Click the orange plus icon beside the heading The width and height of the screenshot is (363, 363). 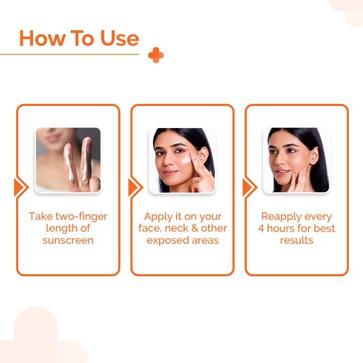pyautogui.click(x=156, y=55)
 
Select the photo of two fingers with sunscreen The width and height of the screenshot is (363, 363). pyautogui.click(x=68, y=160)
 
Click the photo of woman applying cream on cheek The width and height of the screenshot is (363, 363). pyautogui.click(x=182, y=160)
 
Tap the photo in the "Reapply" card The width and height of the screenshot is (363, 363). pyautogui.click(x=296, y=160)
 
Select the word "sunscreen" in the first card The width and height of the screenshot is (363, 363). pyautogui.click(x=68, y=240)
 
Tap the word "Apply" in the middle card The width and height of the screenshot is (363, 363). pyautogui.click(x=158, y=216)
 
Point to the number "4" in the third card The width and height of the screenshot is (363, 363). pyautogui.click(x=262, y=228)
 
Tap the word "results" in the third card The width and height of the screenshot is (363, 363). pyautogui.click(x=296, y=240)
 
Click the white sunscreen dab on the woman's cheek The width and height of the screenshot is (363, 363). pyautogui.click(x=186, y=159)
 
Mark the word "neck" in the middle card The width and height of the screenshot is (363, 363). pyautogui.click(x=177, y=228)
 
